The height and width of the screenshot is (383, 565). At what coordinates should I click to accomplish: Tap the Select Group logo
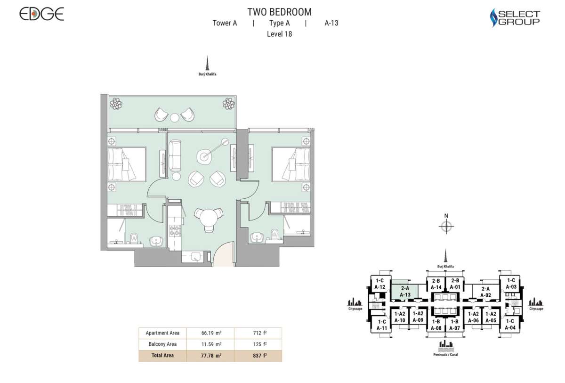515,18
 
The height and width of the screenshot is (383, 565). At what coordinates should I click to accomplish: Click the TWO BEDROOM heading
279,12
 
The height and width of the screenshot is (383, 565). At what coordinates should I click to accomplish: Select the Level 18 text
279,34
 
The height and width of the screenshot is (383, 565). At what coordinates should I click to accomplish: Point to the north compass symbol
446,227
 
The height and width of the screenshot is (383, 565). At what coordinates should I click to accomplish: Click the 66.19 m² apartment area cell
210,333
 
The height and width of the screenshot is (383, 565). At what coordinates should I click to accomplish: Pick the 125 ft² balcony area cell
258,344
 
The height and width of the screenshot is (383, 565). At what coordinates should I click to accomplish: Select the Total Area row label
162,356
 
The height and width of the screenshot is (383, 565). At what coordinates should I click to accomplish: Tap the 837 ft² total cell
258,356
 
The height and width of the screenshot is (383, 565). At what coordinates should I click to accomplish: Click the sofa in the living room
175,155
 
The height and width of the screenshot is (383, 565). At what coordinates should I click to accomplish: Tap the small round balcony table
174,117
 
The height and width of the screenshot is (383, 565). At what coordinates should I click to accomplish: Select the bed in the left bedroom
124,164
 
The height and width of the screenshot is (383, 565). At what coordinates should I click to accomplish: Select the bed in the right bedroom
293,164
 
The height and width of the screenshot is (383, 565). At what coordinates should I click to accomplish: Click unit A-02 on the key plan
485,292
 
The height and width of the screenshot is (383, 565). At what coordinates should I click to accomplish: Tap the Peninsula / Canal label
445,354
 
